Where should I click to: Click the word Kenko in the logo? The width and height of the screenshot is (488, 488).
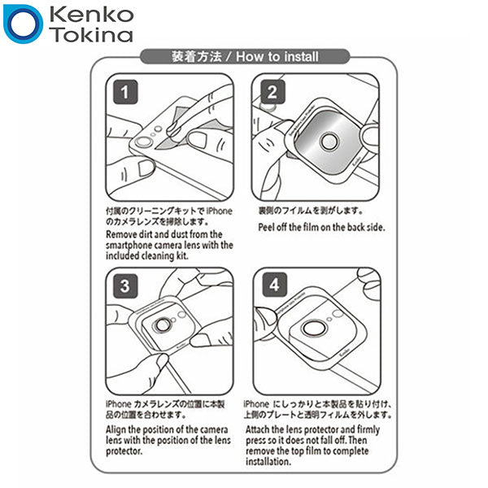pyautogui.click(x=91, y=15)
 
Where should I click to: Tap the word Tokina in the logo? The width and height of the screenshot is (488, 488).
pyautogui.click(x=93, y=34)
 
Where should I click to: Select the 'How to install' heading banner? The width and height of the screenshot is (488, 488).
pyautogui.click(x=245, y=57)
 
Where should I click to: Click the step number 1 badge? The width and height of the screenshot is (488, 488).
pyautogui.click(x=125, y=92)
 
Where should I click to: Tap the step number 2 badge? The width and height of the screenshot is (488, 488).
pyautogui.click(x=272, y=92)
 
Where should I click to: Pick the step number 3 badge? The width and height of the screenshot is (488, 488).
pyautogui.click(x=125, y=285)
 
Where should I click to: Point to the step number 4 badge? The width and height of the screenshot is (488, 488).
pyautogui.click(x=274, y=285)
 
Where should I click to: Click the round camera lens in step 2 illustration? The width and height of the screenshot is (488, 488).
pyautogui.click(x=329, y=142)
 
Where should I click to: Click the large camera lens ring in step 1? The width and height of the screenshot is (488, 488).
pyautogui.click(x=143, y=142)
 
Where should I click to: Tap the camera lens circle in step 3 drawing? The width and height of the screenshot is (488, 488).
pyautogui.click(x=162, y=325)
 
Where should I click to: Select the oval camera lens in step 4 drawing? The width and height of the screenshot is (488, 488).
pyautogui.click(x=314, y=328)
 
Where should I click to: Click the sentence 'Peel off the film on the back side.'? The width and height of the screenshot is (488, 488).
pyautogui.click(x=321, y=227)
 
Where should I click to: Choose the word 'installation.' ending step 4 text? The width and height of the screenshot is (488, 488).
pyautogui.click(x=268, y=461)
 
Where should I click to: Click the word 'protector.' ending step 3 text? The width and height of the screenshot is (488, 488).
pyautogui.click(x=124, y=451)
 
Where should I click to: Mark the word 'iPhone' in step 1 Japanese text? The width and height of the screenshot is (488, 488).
pyautogui.click(x=220, y=211)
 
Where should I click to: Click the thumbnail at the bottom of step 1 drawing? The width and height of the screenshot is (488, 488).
pyautogui.click(x=146, y=168)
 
